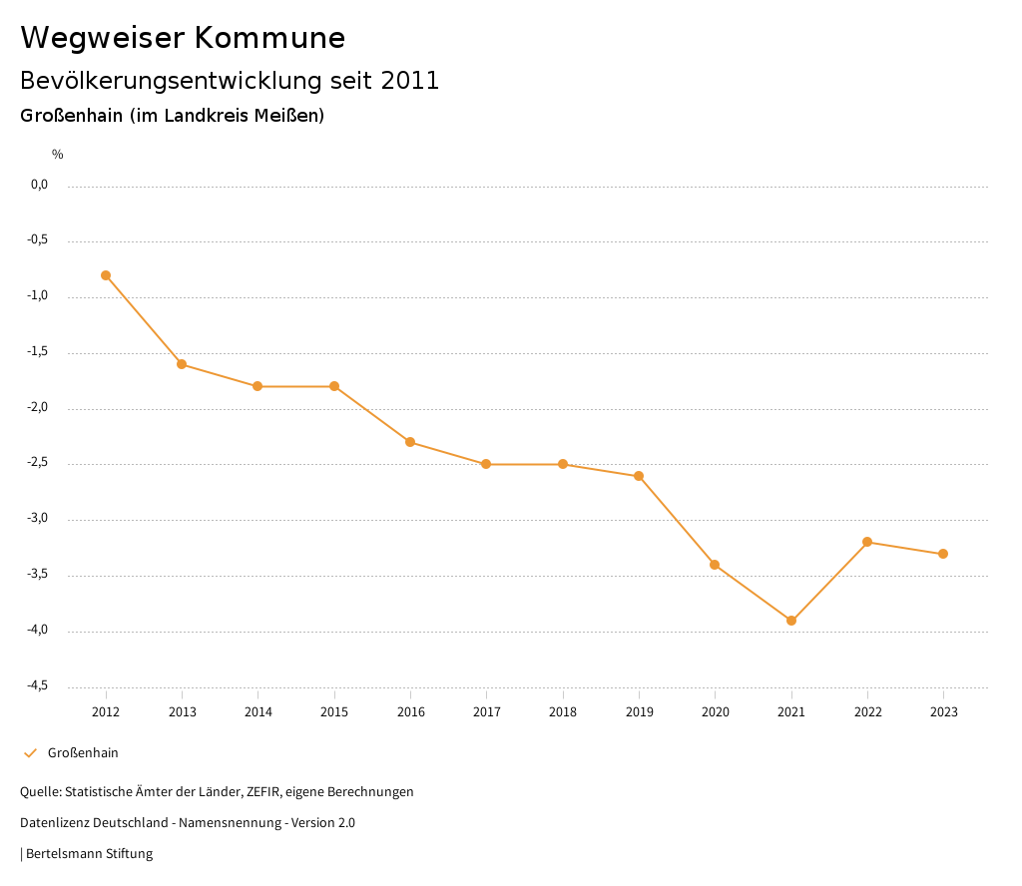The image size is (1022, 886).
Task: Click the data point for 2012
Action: coord(106,275)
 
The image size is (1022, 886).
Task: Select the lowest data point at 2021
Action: coord(791,621)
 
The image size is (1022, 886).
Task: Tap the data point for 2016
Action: coord(410,442)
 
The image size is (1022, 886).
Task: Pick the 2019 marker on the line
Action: coord(639,476)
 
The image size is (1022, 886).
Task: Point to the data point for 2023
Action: coord(943,554)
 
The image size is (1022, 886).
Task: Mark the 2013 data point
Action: coord(182,364)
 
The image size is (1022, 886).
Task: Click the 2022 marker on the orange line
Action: coord(867,542)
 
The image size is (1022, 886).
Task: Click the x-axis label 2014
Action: coord(258,712)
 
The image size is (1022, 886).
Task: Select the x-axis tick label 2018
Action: coord(563,712)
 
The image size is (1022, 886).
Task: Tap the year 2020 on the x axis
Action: coord(716,712)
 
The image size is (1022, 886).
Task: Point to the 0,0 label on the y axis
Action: coord(39,185)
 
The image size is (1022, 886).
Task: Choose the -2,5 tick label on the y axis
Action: coord(37,463)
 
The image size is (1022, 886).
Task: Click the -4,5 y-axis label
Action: coord(37,685)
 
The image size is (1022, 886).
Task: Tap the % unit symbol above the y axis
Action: coord(58,155)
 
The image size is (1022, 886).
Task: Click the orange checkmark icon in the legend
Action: coord(30,753)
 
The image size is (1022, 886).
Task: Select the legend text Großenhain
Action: coord(83,753)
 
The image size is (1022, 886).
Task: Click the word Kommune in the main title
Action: coord(269,38)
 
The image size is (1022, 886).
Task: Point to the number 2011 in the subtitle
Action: coord(410,81)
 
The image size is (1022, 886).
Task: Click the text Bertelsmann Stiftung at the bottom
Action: coord(89,854)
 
